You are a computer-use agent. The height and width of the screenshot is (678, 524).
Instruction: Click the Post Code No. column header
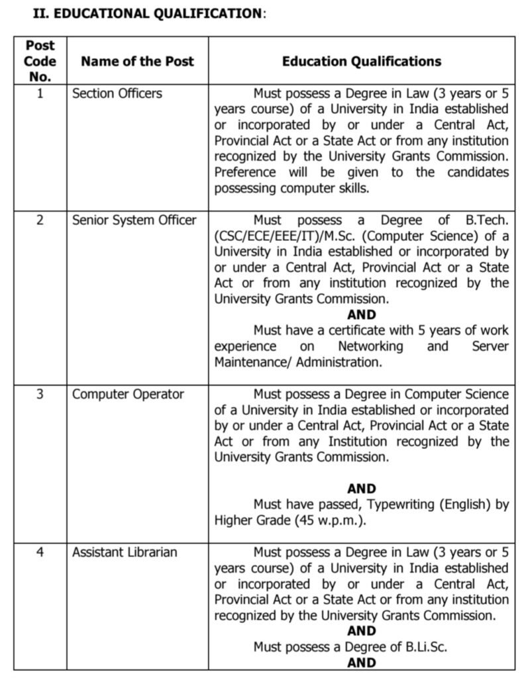pyautogui.click(x=40, y=61)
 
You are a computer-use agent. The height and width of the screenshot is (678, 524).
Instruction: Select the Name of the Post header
pyautogui.click(x=137, y=62)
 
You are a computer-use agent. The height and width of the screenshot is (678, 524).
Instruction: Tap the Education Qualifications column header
pyautogui.click(x=361, y=62)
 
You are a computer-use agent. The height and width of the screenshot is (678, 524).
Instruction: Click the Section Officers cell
pyautogui.click(x=117, y=93)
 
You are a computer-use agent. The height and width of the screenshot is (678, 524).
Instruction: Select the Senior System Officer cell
pyautogui.click(x=134, y=220)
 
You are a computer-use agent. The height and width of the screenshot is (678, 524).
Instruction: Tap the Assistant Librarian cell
pyautogui.click(x=125, y=552)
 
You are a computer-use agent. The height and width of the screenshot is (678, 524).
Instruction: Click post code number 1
pyautogui.click(x=40, y=93)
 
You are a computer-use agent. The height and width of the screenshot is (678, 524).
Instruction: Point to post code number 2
pyautogui.click(x=40, y=220)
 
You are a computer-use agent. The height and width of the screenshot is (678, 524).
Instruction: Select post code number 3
pyautogui.click(x=40, y=394)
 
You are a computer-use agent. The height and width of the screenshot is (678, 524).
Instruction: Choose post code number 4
pyautogui.click(x=40, y=552)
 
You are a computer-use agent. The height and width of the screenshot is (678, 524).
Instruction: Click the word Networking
pyautogui.click(x=370, y=346)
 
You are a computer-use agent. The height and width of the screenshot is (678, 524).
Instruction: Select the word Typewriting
pyautogui.click(x=399, y=505)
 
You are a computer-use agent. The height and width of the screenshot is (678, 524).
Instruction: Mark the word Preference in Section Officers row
pyautogui.click(x=245, y=172)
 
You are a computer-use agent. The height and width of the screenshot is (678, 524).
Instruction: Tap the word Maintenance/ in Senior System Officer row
pyautogui.click(x=252, y=362)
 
